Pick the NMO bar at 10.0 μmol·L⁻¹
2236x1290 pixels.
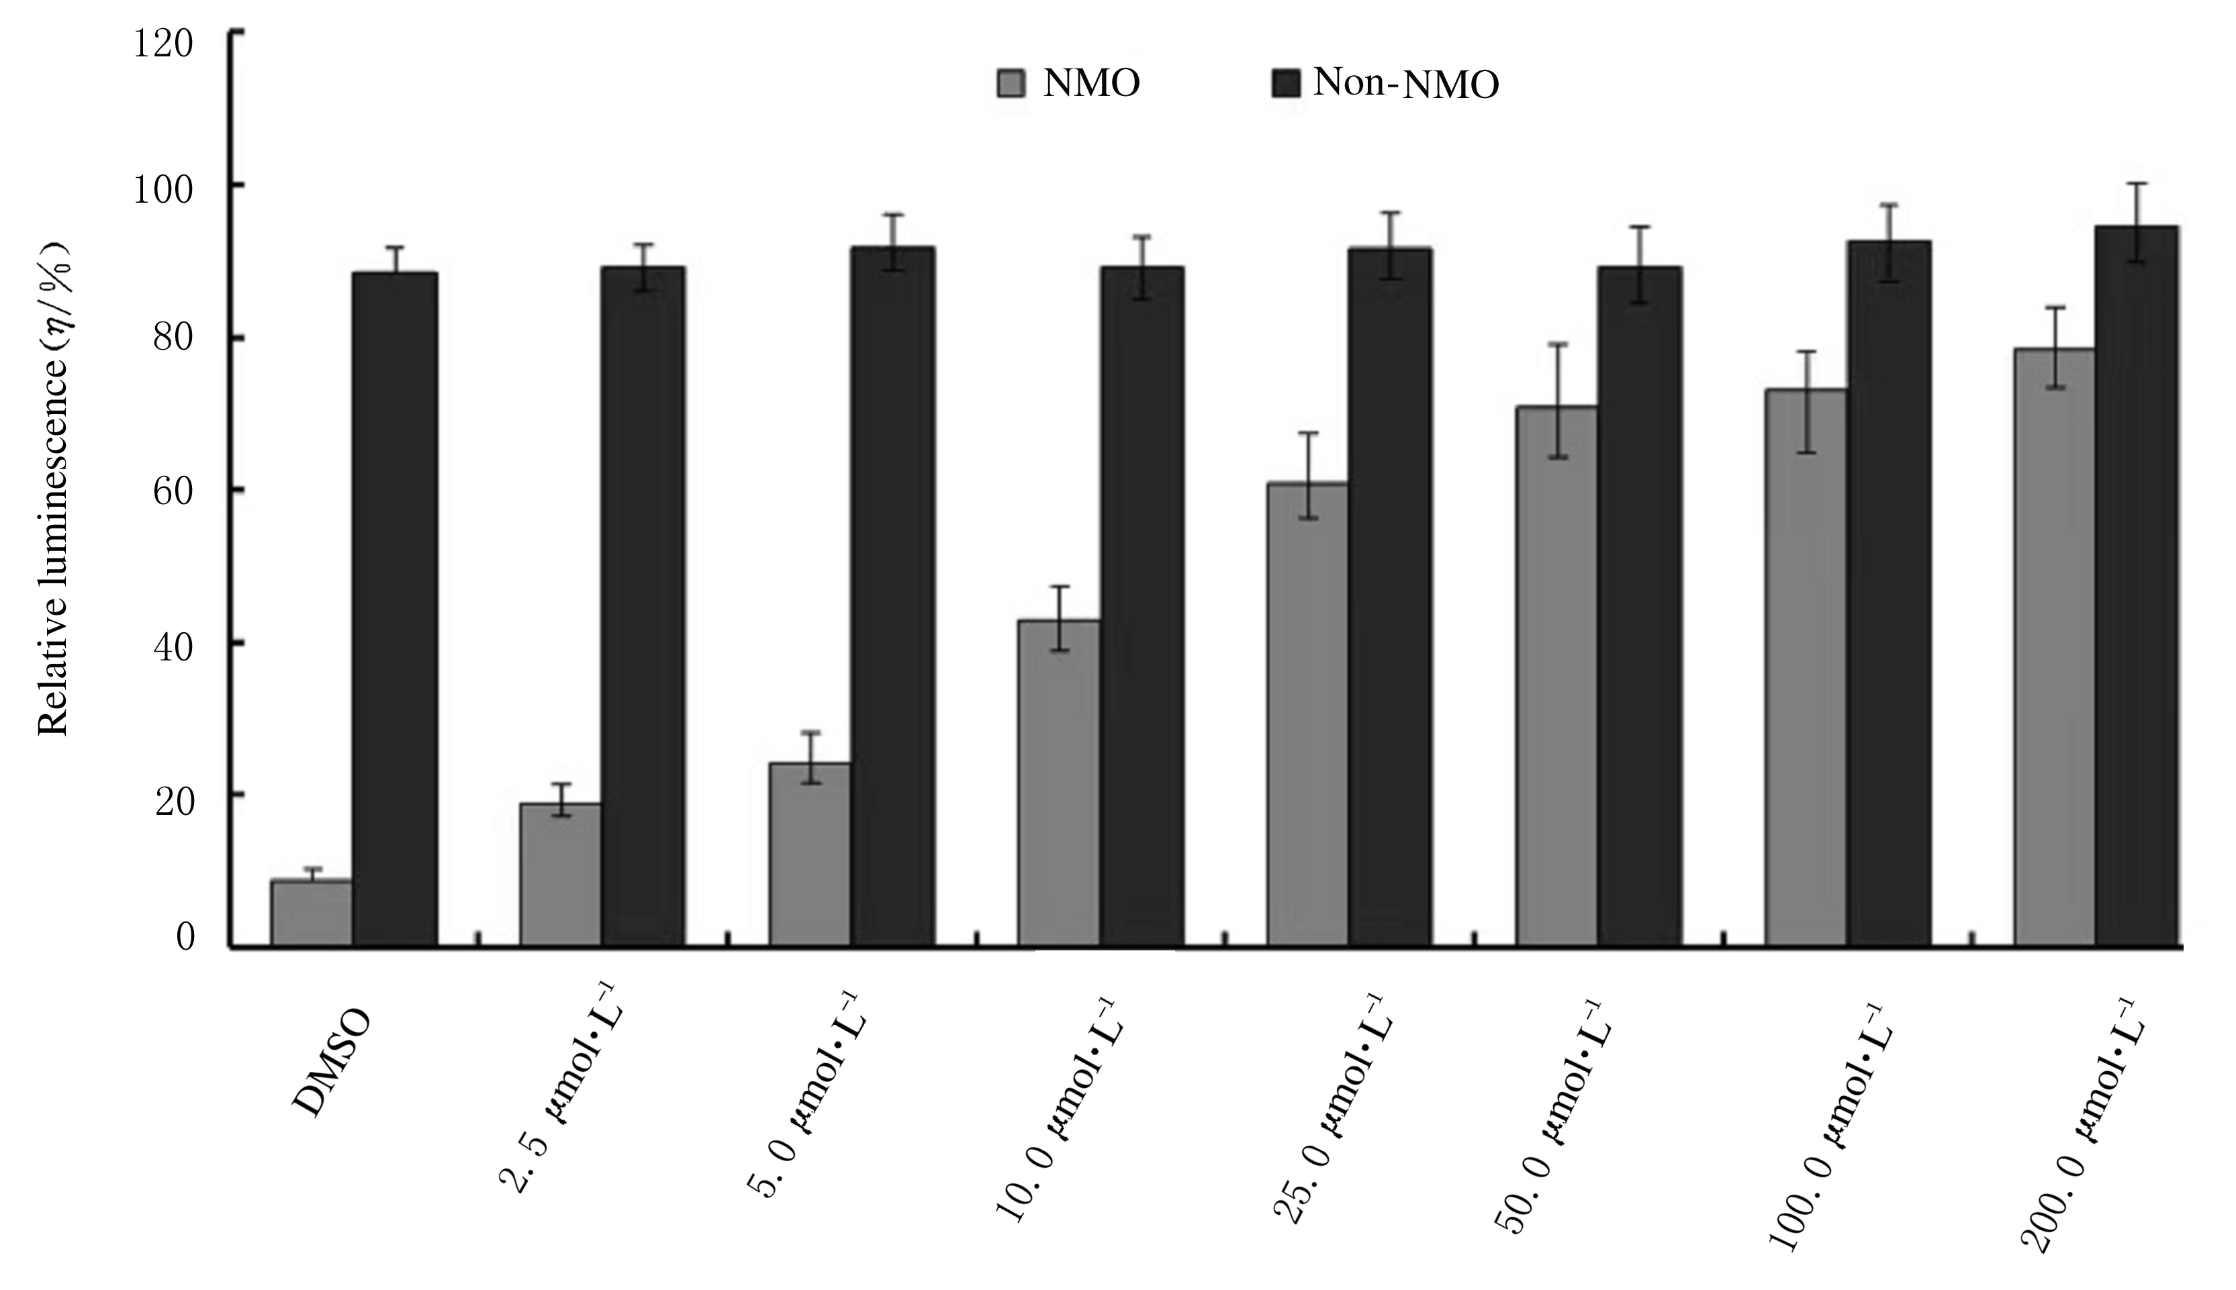coord(1058,783)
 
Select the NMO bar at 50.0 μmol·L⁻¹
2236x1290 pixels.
coord(1556,677)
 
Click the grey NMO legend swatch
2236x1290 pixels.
coord(1011,83)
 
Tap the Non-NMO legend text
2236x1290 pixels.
coord(1405,84)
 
